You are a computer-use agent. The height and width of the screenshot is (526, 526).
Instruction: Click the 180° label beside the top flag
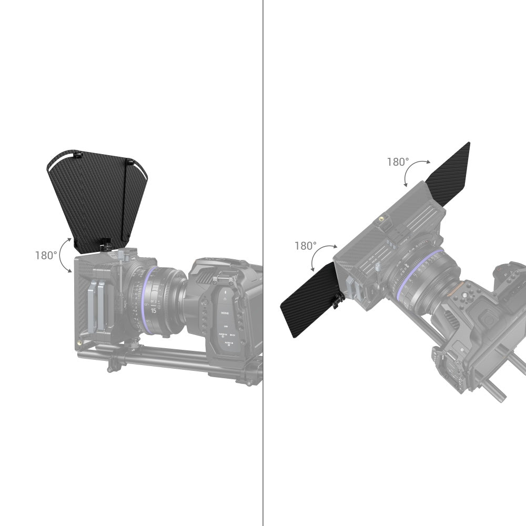pyautogui.click(x=46, y=256)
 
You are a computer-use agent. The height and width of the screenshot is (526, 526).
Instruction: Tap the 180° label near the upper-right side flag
pyautogui.click(x=398, y=162)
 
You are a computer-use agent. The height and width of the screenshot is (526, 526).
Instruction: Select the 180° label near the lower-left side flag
pyautogui.click(x=306, y=246)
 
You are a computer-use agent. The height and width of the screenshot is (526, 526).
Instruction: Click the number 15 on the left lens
pyautogui.click(x=154, y=311)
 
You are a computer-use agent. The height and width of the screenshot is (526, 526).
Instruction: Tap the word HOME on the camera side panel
pyautogui.click(x=225, y=312)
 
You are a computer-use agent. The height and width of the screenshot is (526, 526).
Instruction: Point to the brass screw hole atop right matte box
pyautogui.click(x=380, y=218)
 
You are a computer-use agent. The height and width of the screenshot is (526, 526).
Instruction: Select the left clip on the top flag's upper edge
pyautogui.click(x=78, y=155)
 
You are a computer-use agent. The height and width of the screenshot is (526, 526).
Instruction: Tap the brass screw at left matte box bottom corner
pyautogui.click(x=80, y=342)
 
